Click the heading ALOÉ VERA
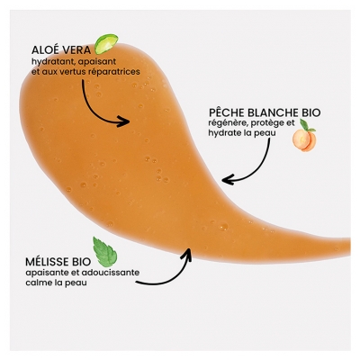[61, 50]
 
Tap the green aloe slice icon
[106, 43]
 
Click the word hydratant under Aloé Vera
[47, 62]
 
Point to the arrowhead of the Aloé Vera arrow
[124, 121]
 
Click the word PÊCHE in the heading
[227, 113]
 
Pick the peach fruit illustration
[304, 140]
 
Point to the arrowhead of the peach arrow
[227, 180]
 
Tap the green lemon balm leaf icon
[105, 252]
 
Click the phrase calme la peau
[56, 283]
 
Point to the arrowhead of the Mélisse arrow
[187, 254]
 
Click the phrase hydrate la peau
[238, 133]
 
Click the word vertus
[78, 73]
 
